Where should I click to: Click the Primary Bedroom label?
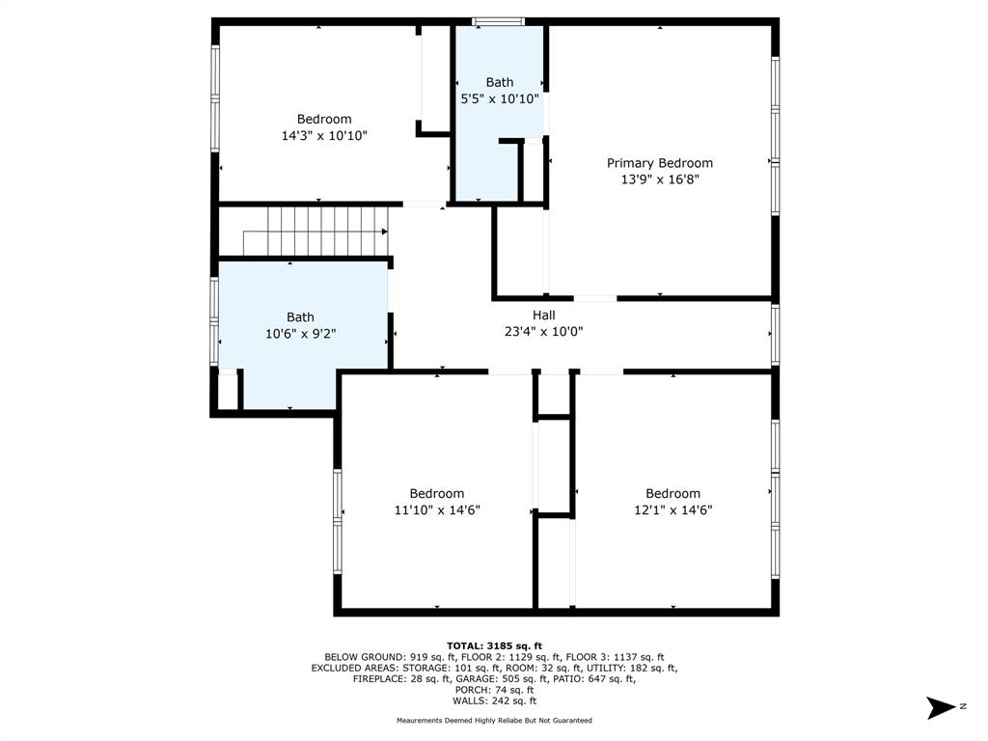point(660,163)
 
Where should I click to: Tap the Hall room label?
point(544,316)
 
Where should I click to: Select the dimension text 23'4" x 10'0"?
point(544,332)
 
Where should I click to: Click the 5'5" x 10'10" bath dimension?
point(500,99)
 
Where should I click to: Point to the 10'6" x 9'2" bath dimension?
point(301,333)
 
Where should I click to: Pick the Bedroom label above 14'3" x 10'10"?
point(324,119)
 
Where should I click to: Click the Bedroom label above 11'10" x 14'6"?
point(437,493)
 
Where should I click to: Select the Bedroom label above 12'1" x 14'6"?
point(672,493)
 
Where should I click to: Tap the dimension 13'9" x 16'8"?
point(660,179)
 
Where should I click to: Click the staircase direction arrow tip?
point(387,232)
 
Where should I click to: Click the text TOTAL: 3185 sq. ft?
point(494,645)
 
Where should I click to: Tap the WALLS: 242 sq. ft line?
point(494,700)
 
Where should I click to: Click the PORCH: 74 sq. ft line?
point(494,690)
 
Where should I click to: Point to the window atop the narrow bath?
point(498,21)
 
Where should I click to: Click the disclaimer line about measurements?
point(494,720)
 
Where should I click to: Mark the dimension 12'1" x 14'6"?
point(672,509)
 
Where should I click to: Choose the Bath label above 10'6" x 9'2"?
point(301,316)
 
